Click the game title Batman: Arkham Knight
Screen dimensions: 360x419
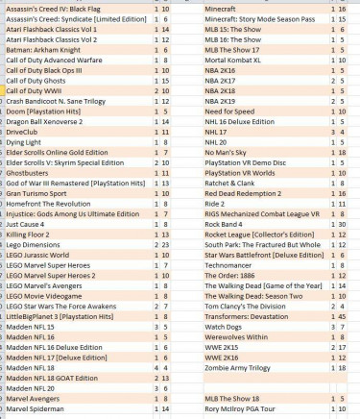[43, 50]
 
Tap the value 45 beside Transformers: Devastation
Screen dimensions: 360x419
[342, 316]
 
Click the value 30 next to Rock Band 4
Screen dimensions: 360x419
[342, 224]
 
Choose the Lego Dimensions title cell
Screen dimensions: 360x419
[33, 245]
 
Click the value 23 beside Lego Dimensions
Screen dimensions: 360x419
[165, 245]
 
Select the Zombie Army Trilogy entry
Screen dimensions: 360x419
[237, 368]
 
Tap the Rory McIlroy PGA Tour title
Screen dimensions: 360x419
[240, 409]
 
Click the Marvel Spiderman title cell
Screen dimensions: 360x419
[35, 409]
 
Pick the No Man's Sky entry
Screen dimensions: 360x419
[226, 153]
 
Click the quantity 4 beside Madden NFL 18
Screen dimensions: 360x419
[156, 368]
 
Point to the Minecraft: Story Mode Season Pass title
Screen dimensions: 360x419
[260, 19]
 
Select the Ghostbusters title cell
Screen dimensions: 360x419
[27, 173]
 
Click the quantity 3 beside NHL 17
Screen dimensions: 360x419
[333, 132]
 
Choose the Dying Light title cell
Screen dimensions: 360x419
[24, 142]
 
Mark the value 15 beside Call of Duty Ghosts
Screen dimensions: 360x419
[165, 81]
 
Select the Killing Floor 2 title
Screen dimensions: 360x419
[28, 234]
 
